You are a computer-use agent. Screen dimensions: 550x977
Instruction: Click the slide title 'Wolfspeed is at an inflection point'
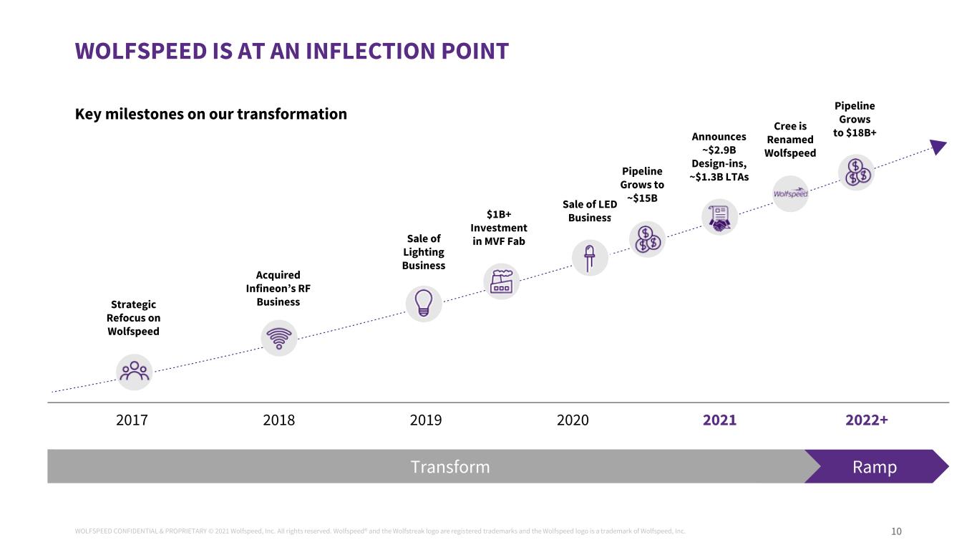[x=291, y=52]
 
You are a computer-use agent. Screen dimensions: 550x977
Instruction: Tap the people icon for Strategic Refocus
[x=135, y=372]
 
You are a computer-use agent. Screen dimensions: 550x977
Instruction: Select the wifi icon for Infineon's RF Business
[x=279, y=337]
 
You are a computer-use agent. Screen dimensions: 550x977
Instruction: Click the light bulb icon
[x=424, y=304]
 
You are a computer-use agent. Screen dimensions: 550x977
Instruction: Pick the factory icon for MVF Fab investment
[x=501, y=281]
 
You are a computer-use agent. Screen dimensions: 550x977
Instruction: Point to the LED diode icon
[x=590, y=257]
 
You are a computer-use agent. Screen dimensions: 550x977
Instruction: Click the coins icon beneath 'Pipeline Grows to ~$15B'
[x=647, y=239]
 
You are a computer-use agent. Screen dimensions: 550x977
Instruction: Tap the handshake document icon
[x=719, y=217]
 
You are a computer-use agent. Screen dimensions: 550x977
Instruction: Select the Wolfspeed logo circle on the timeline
[x=790, y=193]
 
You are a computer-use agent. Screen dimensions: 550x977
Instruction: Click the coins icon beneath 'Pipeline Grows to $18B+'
[x=856, y=173]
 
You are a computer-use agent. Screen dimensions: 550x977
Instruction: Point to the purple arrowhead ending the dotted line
[x=938, y=147]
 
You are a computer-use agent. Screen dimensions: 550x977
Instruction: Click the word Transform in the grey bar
[x=450, y=467]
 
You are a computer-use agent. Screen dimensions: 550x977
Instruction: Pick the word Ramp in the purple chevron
[x=875, y=467]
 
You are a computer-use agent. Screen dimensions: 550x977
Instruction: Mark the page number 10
[x=896, y=531]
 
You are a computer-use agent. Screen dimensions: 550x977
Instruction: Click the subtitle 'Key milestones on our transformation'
[x=211, y=114]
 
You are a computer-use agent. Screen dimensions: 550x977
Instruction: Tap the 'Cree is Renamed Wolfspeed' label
[x=790, y=140]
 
